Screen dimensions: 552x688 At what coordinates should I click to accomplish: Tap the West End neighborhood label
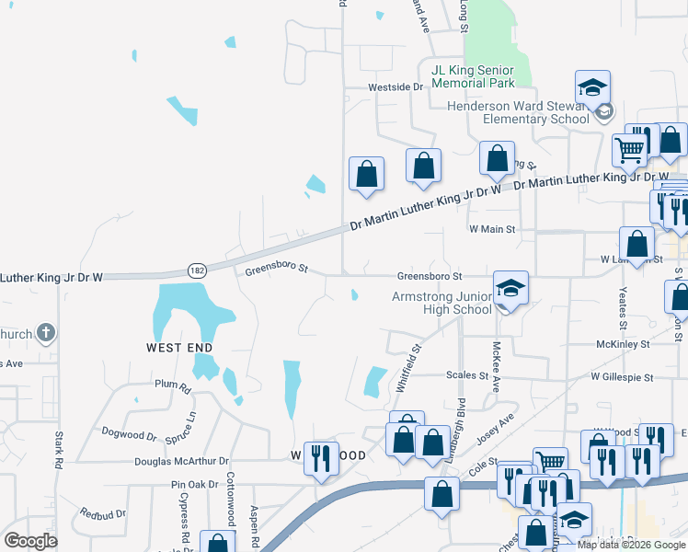[179, 347]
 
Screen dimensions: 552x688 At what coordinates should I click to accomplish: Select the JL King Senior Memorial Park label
[473, 76]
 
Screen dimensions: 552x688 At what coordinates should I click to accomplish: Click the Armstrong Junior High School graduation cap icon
[510, 289]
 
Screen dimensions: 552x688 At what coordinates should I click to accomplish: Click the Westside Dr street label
[395, 87]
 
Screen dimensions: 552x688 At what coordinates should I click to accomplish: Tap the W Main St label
[491, 228]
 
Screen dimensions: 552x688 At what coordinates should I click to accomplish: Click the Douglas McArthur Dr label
[180, 461]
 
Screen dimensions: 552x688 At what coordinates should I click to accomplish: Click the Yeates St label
[623, 308]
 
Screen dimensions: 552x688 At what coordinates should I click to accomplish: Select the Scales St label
[467, 375]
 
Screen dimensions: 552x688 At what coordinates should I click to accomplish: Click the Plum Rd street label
[172, 385]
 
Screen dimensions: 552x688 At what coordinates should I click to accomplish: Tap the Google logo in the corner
[30, 540]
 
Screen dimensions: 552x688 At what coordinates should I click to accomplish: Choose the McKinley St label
[623, 344]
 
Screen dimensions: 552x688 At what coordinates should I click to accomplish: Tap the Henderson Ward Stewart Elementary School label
[518, 112]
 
